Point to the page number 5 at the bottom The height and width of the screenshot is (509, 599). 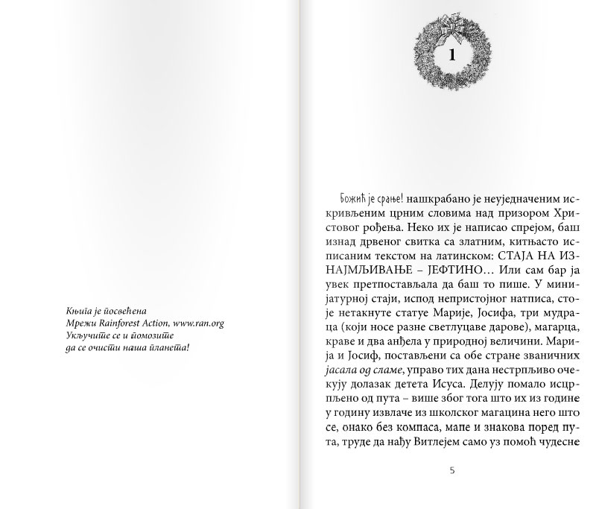coord(452,470)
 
